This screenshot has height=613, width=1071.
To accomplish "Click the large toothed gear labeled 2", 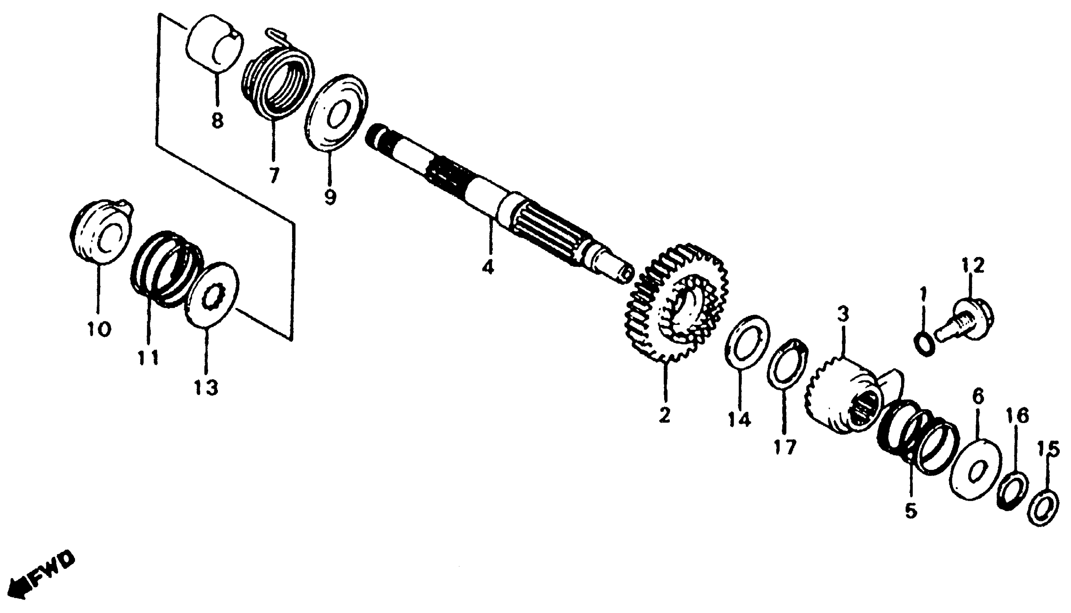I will (x=678, y=303).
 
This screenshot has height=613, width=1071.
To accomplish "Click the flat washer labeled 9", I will (x=336, y=111).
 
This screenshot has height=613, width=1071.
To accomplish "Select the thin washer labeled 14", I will (x=747, y=342).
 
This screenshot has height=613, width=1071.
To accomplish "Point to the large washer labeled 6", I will (x=976, y=469).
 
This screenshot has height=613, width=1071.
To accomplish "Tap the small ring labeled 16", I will (x=1012, y=491).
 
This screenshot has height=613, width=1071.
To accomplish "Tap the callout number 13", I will (x=206, y=387).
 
